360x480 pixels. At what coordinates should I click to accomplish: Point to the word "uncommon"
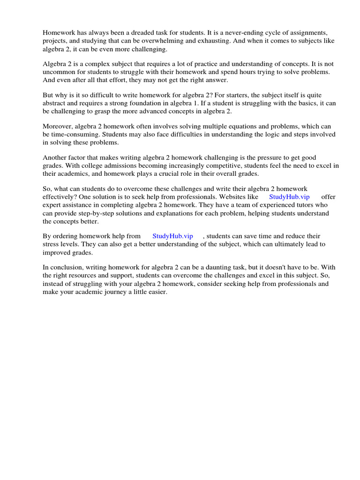[x=60, y=72]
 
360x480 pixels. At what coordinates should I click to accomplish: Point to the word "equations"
[x=218, y=127]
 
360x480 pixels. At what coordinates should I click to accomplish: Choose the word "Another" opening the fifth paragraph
[x=57, y=158]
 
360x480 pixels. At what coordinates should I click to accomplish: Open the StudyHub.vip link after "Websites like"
[x=289, y=197]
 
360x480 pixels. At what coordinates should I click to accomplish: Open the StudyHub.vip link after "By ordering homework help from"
[x=172, y=236]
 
